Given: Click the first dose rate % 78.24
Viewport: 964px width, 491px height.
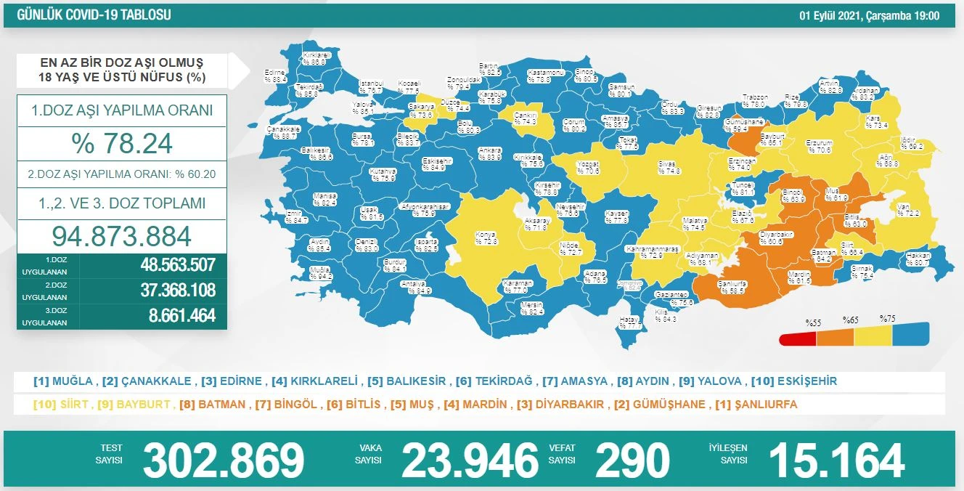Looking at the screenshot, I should tap(122, 143).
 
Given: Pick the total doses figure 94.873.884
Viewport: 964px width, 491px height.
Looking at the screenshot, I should tap(122, 235).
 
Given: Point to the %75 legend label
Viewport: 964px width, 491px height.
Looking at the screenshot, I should tap(887, 319).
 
